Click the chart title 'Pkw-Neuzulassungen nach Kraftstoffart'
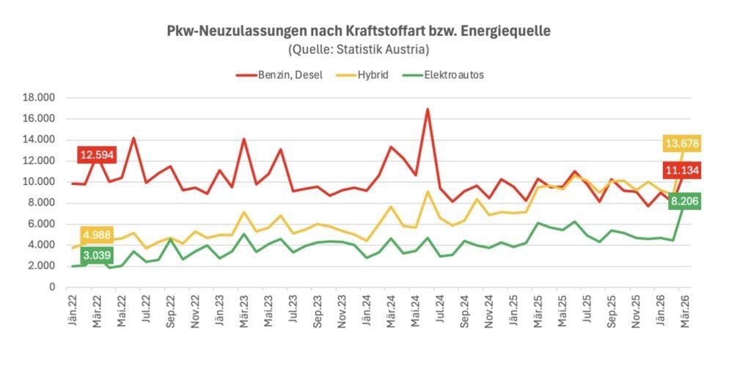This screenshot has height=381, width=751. click(359, 32)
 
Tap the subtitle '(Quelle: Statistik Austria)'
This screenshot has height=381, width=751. click(359, 50)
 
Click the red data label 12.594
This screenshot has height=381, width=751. click(97, 155)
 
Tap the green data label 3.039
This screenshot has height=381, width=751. click(96, 256)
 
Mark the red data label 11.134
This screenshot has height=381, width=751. click(681, 172)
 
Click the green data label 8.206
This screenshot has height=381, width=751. click(681, 200)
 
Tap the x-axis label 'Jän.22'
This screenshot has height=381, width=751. click(73, 311)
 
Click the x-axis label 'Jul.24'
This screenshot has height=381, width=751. click(441, 311)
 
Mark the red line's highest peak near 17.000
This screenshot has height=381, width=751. click(428, 109)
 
